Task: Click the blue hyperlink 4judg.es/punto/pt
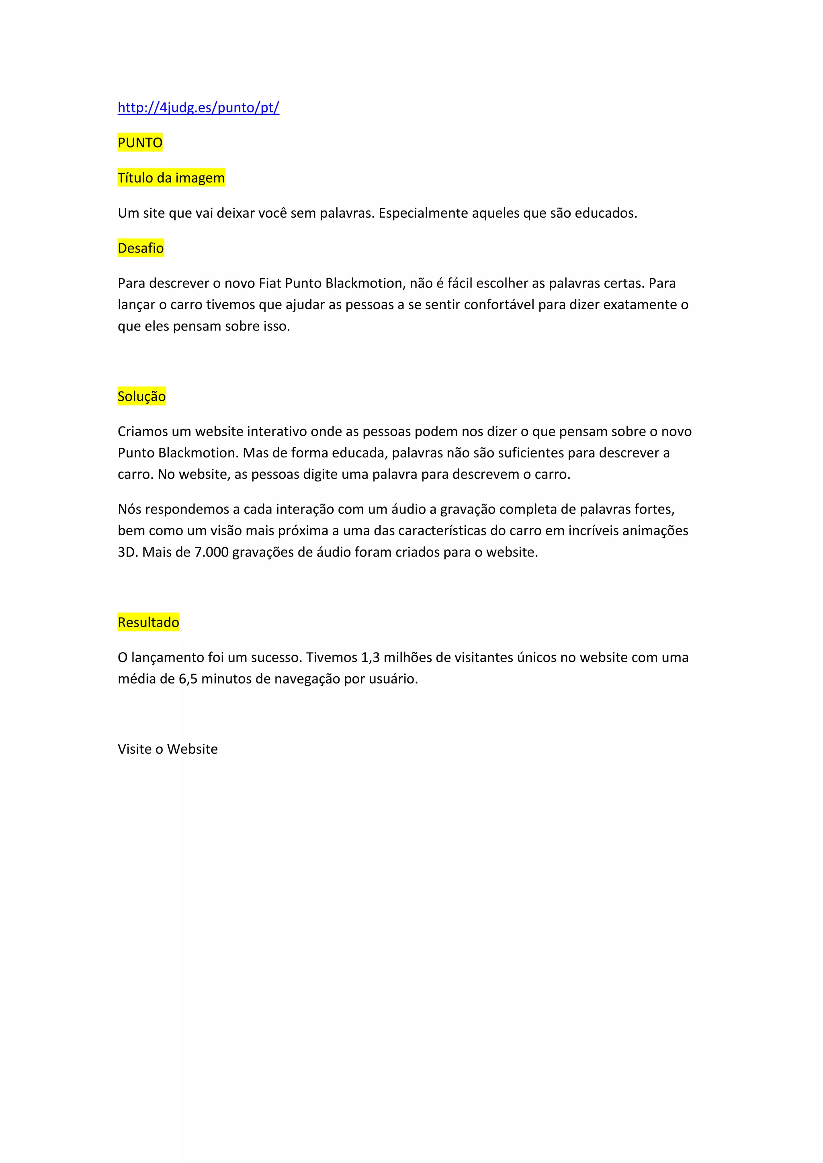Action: click(x=198, y=107)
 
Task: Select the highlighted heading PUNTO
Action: click(x=140, y=143)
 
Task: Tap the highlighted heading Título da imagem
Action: click(x=171, y=178)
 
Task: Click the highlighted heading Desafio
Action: click(x=140, y=248)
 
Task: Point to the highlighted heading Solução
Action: click(x=141, y=396)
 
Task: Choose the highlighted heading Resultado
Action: click(x=148, y=622)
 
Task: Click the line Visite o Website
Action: click(x=167, y=749)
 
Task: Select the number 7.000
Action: click(x=211, y=552)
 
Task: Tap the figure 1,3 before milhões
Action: click(x=370, y=657)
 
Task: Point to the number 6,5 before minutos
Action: click(x=188, y=679)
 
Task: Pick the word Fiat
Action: click(x=270, y=283)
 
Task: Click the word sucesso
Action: click(x=276, y=657)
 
